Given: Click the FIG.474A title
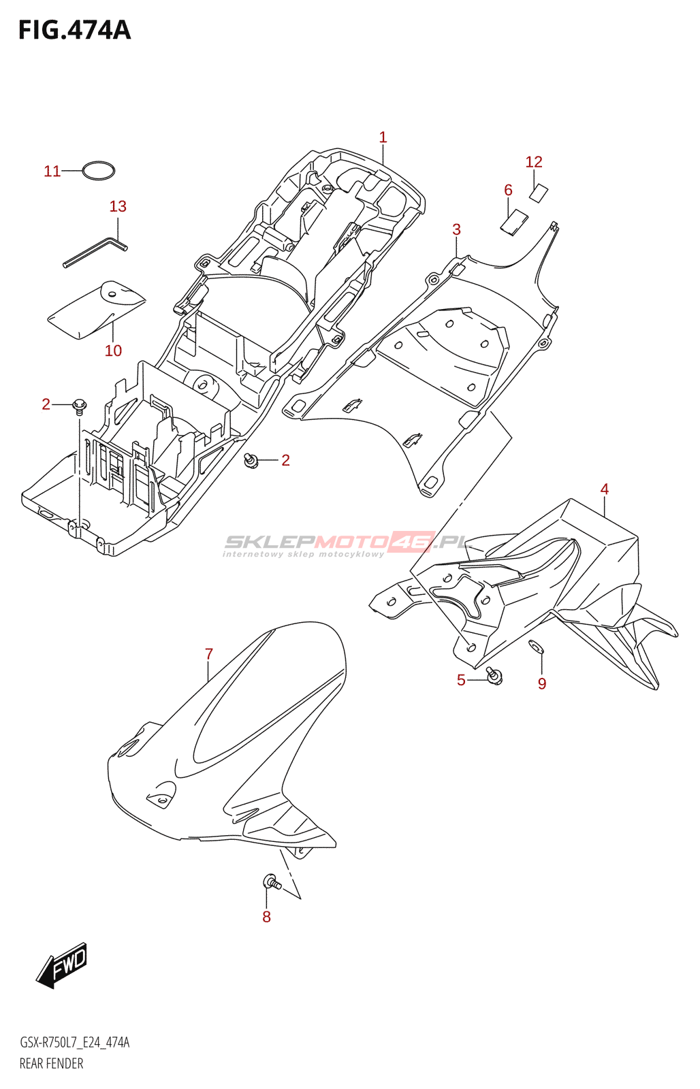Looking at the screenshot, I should (74, 31).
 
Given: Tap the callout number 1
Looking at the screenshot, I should (383, 137).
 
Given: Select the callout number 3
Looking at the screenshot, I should (456, 230).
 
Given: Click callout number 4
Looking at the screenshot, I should (604, 489).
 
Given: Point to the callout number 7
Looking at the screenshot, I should (209, 654).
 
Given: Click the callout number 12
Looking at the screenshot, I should (534, 162).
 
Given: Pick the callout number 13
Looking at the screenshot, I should (118, 206).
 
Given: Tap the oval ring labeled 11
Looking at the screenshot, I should (99, 171).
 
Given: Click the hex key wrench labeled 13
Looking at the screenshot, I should (95, 252).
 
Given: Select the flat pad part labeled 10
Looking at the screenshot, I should (95, 310).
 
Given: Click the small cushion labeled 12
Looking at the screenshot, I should (538, 193).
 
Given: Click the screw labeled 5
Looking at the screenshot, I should (494, 675).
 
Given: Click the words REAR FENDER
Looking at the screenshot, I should (51, 1064).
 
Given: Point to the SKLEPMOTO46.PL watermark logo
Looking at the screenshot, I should (347, 544).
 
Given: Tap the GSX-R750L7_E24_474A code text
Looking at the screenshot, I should (75, 1043).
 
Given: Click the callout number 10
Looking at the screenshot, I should (113, 351).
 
